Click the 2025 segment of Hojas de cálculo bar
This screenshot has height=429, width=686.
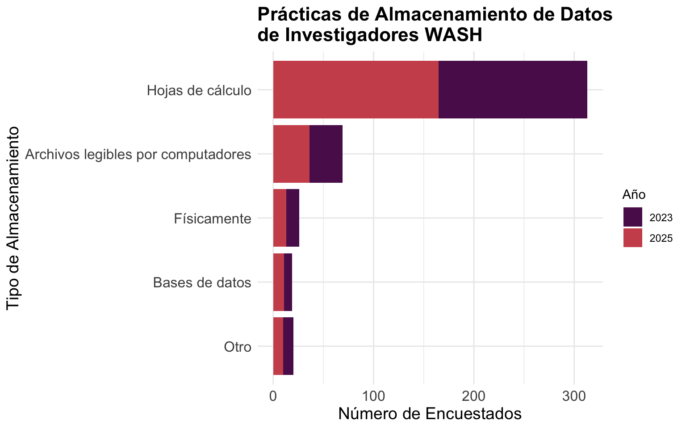356,90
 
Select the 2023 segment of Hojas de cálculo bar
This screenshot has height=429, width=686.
513,90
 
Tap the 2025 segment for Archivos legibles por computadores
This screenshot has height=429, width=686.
291,154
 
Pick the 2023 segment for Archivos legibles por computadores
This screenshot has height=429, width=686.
326,154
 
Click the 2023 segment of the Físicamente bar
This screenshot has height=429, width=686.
293,218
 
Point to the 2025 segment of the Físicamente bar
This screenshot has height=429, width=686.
280,218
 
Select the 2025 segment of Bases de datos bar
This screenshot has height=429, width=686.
279,282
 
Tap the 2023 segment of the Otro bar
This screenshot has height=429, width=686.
288,346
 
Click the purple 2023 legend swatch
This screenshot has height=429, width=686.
633,217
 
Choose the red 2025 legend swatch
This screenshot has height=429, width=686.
633,238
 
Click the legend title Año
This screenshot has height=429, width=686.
634,195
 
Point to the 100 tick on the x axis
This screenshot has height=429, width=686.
373,396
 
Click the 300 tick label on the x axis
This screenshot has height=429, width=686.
574,396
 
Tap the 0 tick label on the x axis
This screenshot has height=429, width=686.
273,396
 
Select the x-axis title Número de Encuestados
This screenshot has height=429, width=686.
430,414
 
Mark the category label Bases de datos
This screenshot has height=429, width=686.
202,283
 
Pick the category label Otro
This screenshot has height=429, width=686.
238,347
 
